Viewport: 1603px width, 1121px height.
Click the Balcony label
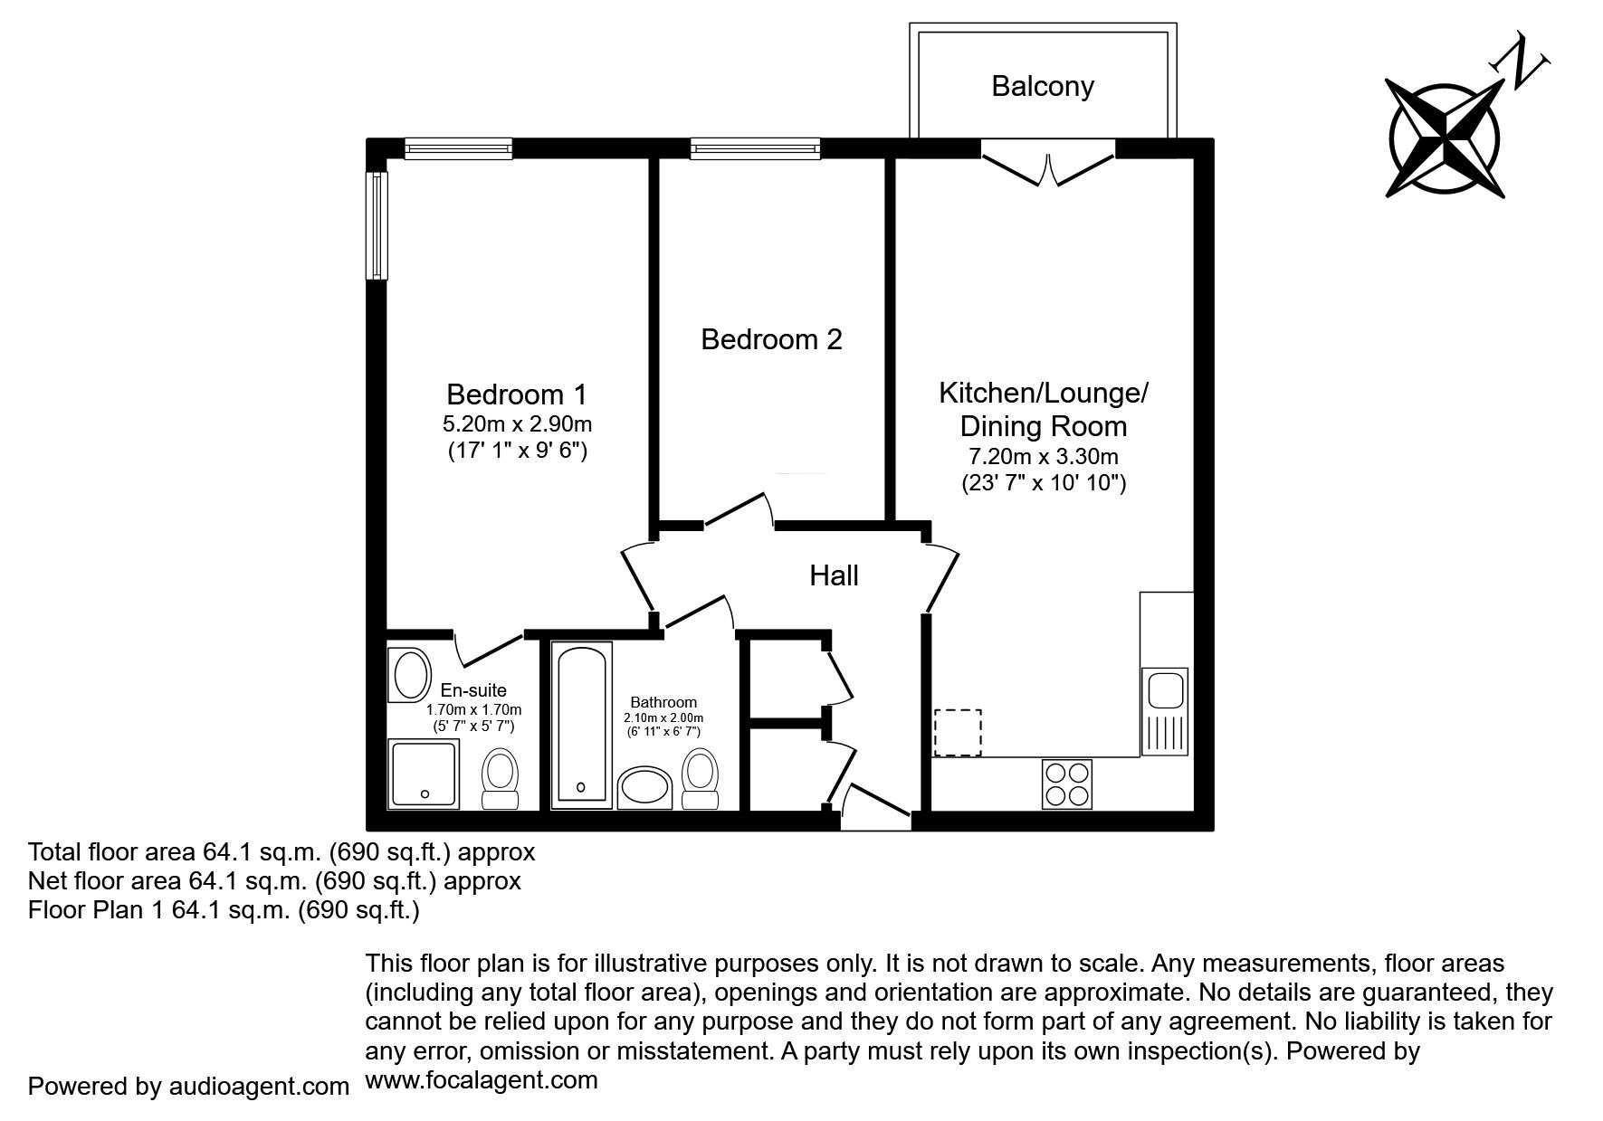coord(1043,87)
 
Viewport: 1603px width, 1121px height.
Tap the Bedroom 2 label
coord(771,339)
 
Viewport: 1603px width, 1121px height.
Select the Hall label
coord(834,575)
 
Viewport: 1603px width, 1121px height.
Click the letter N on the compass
coord(1521,64)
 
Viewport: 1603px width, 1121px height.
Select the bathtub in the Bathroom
coord(581,723)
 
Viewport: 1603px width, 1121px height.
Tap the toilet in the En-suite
coord(500,779)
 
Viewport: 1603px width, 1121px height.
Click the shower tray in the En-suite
coord(425,774)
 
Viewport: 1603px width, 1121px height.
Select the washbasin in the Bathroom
coord(644,789)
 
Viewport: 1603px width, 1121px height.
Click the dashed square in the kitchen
coord(959,733)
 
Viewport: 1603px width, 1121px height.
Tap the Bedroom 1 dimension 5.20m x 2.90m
coord(517,423)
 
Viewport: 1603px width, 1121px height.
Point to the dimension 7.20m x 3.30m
coord(1043,457)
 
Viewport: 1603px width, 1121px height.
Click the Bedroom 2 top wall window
coord(755,148)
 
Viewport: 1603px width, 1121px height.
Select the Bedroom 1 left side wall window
coord(377,225)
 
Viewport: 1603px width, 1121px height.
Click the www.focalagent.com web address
coord(482,1080)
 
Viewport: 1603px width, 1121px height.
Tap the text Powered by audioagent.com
coord(188,1087)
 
